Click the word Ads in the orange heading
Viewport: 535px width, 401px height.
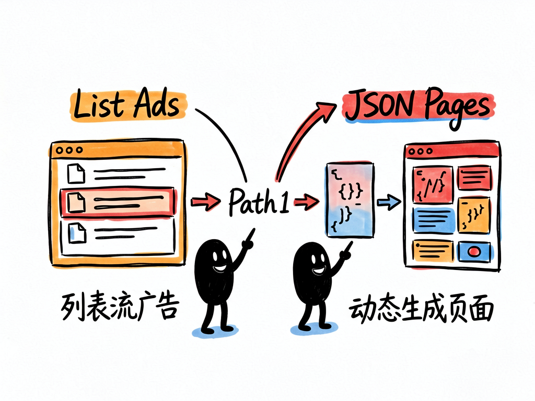click(156, 103)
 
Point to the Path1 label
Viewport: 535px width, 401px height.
click(258, 202)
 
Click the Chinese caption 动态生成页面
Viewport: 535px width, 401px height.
click(421, 309)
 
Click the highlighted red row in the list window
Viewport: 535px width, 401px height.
click(119, 202)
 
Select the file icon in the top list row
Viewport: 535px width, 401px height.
click(76, 173)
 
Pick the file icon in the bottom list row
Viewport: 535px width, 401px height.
click(77, 232)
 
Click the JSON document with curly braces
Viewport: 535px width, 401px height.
click(350, 200)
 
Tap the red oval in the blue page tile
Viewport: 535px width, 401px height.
click(473, 252)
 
